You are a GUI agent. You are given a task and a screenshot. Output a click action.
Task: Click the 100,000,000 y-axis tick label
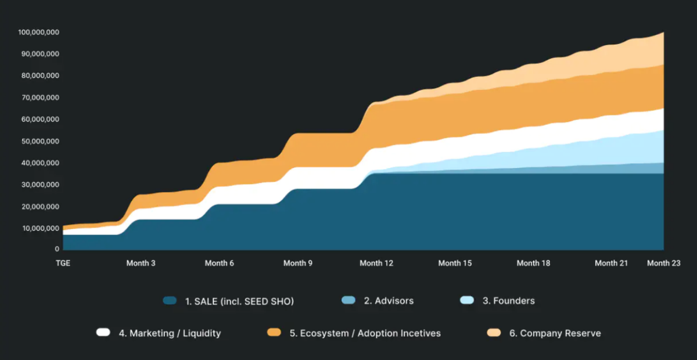pyautogui.click(x=38, y=32)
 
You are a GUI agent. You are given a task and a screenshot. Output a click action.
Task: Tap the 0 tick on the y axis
pyautogui.click(x=57, y=249)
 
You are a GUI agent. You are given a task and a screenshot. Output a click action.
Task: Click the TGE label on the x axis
pyautogui.click(x=63, y=263)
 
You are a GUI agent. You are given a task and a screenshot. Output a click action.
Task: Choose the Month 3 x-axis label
pyautogui.click(x=141, y=263)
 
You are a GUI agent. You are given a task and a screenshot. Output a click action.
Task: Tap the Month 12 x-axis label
pyautogui.click(x=376, y=263)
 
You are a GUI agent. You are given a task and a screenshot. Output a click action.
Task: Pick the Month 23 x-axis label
pyautogui.click(x=664, y=263)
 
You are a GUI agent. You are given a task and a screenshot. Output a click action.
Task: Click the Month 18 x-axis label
pyautogui.click(x=533, y=263)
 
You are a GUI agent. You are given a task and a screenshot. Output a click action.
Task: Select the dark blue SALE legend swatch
pyautogui.click(x=170, y=301)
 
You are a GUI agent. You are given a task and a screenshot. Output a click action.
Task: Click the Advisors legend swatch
pyautogui.click(x=348, y=301)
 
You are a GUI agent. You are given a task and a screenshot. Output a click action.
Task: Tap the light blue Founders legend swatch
pyautogui.click(x=467, y=301)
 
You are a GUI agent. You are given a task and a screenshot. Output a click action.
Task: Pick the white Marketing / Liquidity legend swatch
pyautogui.click(x=103, y=333)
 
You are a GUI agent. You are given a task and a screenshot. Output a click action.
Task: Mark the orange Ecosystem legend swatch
pyautogui.click(x=274, y=333)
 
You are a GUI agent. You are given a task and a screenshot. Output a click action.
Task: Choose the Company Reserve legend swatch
pyautogui.click(x=494, y=333)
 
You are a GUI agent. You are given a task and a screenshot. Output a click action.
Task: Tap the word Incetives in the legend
pyautogui.click(x=420, y=333)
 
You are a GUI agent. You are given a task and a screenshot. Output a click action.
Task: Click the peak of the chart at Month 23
pyautogui.click(x=663, y=33)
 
